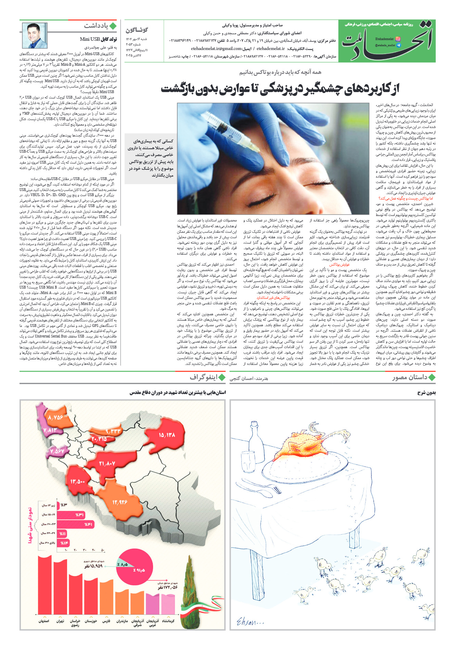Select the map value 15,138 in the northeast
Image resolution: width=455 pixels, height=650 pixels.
[167, 435]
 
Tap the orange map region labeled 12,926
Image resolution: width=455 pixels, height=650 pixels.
[119, 502]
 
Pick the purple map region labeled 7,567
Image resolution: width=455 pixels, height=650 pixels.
[57, 451]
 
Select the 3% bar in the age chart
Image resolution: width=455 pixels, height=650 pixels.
[63, 505]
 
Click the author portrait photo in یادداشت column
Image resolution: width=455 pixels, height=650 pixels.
[35, 36]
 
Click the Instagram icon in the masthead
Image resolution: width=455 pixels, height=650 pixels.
[397, 39]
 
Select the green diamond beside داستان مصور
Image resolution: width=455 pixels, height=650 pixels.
[432, 378]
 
